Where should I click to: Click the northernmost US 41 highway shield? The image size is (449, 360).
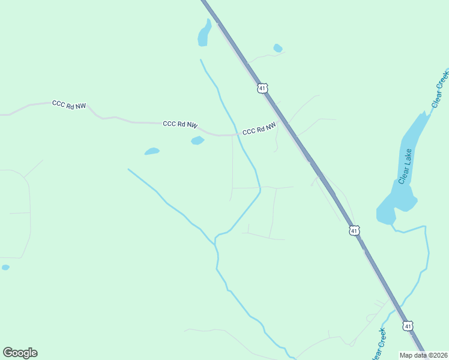click(x=262, y=88)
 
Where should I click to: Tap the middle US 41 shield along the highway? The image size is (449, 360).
click(x=354, y=230)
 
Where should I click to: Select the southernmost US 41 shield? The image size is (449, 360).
click(x=408, y=326)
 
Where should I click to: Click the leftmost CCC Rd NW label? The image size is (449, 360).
click(x=69, y=105)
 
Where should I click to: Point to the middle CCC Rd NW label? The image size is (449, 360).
click(x=180, y=124)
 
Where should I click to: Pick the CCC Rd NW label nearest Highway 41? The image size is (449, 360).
click(x=259, y=128)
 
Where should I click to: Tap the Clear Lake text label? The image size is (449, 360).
click(x=406, y=166)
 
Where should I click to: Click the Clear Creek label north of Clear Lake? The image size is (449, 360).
click(x=440, y=89)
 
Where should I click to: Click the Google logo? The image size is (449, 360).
click(x=20, y=353)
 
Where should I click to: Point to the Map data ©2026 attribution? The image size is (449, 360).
click(x=423, y=355)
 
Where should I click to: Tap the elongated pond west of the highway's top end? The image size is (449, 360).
click(x=204, y=35)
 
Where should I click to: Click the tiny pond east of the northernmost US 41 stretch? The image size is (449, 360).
click(x=277, y=48)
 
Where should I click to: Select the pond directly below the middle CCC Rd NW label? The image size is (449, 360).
click(x=197, y=140)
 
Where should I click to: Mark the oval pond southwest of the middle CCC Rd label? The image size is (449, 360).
click(x=152, y=151)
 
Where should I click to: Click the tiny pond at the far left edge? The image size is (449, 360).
click(x=5, y=267)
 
